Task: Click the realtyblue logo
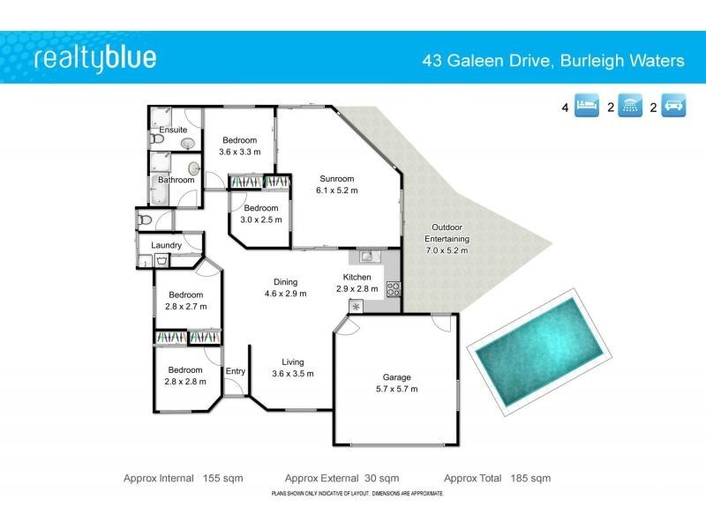[x=94, y=58]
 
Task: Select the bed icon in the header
[x=586, y=108]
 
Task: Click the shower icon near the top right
[x=630, y=108]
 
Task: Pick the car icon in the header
[x=674, y=108]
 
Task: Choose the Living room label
[x=292, y=368]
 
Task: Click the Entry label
[x=235, y=371]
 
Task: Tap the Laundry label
[x=167, y=245]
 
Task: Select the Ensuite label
[x=172, y=130]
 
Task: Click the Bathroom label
[x=176, y=180]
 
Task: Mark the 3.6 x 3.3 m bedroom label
[x=239, y=145]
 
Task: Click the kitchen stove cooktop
[x=393, y=287]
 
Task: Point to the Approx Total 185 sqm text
[x=497, y=478]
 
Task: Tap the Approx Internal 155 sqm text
[x=183, y=478]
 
